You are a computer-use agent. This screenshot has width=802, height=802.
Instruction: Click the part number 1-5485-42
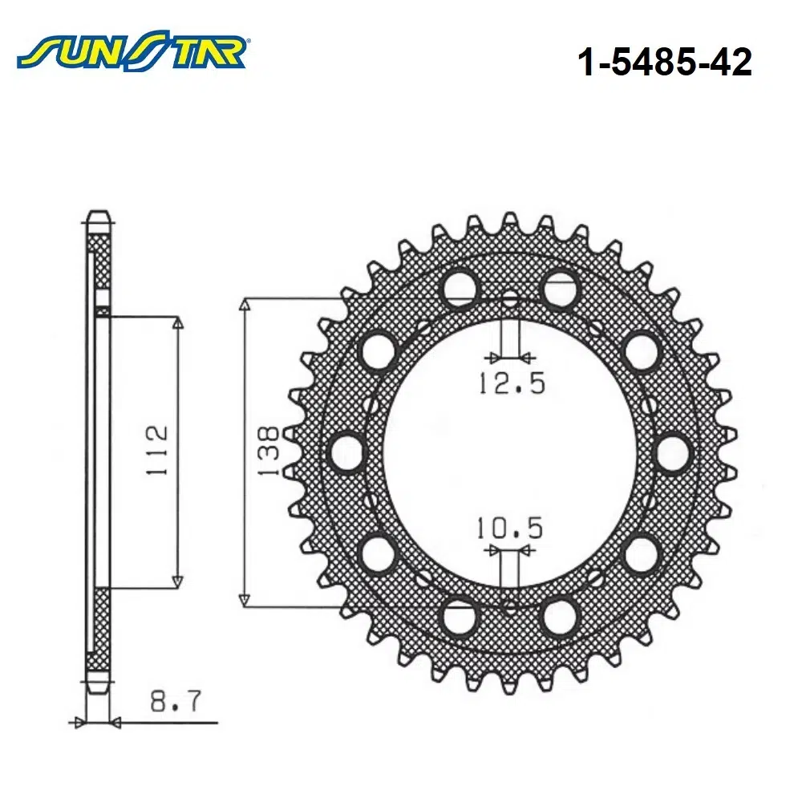pos(664,63)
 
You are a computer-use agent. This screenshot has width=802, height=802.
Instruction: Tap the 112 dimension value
pos(157,450)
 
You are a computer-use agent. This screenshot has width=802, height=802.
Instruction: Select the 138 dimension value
pos(269,452)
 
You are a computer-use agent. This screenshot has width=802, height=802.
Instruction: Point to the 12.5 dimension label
pos(512,383)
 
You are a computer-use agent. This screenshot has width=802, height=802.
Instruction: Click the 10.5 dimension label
pos(509,528)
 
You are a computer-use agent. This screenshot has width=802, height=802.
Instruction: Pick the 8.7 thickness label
pos(176,701)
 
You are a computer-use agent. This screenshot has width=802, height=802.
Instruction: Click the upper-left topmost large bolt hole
pos(460,287)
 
